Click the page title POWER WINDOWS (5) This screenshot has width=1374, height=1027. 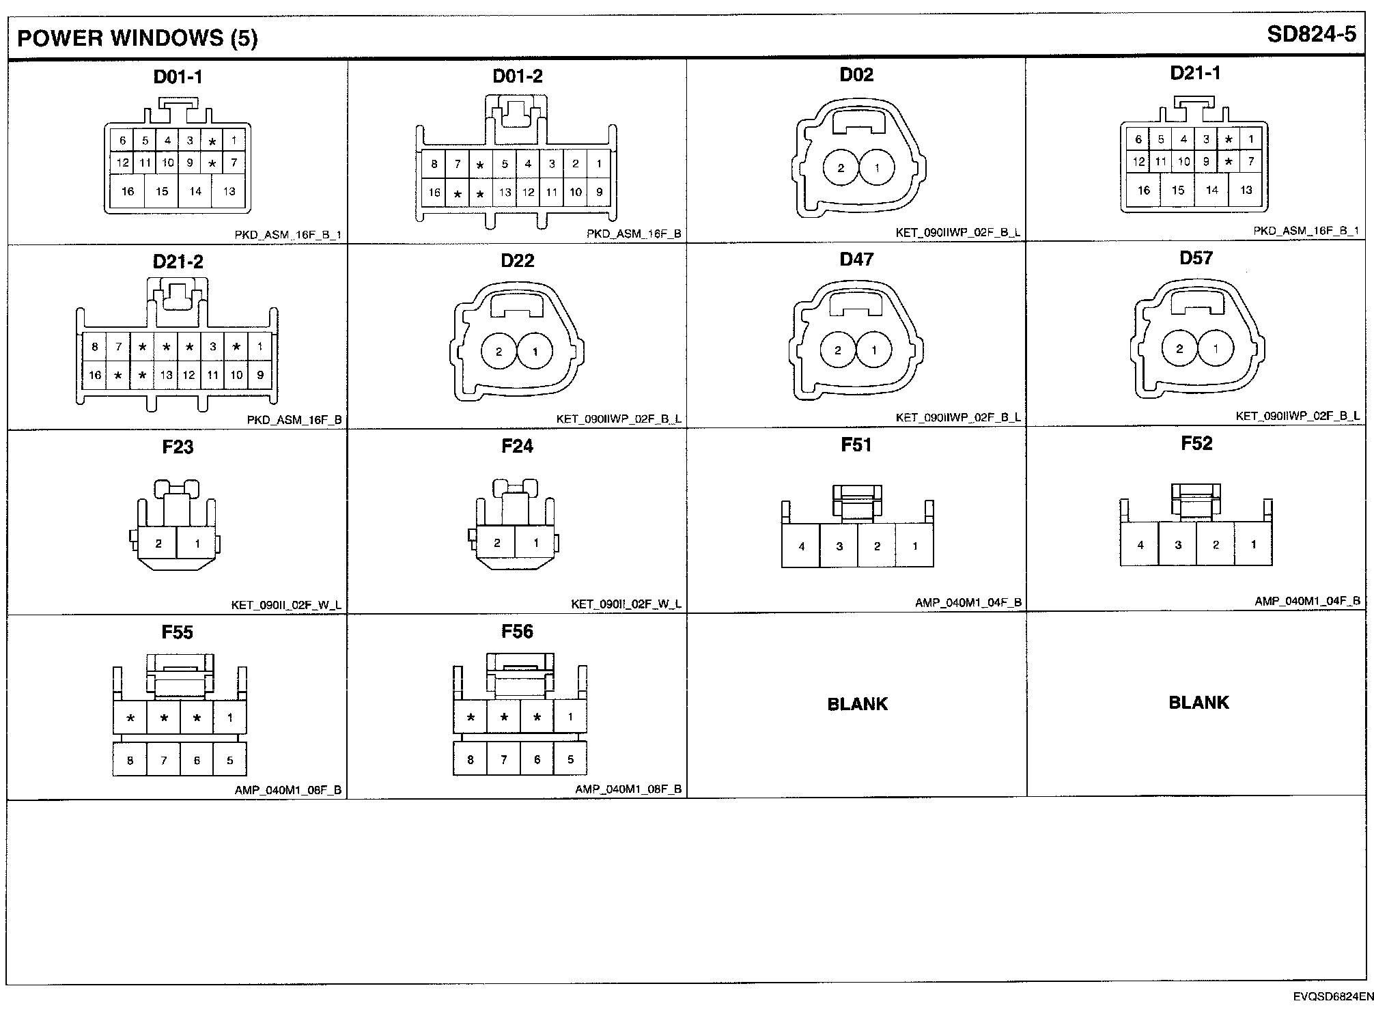point(137,38)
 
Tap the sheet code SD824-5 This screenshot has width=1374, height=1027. point(1311,34)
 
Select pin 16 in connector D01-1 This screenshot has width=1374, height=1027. point(128,191)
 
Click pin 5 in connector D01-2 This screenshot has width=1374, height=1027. point(505,164)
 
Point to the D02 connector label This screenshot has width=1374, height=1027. point(856,74)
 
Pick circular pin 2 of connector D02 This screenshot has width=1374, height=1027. point(841,168)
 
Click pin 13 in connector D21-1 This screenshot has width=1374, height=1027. point(1246,190)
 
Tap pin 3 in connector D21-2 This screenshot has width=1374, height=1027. point(213,347)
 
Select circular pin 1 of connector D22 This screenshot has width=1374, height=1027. point(535,352)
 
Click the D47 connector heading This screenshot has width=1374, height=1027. point(856,259)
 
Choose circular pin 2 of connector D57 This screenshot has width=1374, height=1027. point(1179,349)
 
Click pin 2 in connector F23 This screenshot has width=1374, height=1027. point(158,544)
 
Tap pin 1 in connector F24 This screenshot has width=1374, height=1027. point(536,543)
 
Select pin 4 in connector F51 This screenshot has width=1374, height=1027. point(801,546)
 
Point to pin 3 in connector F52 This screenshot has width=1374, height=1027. point(1178,545)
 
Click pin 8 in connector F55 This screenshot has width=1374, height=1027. point(130,760)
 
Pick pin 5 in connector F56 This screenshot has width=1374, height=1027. point(570,759)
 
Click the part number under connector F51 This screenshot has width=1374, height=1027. point(968,602)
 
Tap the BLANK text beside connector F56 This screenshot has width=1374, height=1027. point(857,704)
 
